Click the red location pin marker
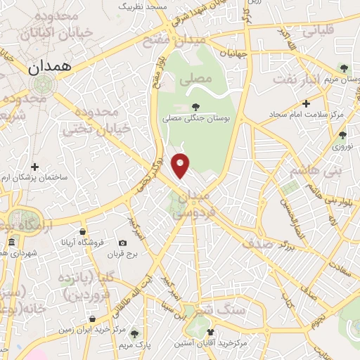(181, 165)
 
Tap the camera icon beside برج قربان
(123, 243)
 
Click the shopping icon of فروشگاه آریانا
(83, 231)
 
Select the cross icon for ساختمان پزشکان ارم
(34, 167)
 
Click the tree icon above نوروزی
(342, 135)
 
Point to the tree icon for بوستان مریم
(343, 68)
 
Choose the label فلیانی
(319, 32)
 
